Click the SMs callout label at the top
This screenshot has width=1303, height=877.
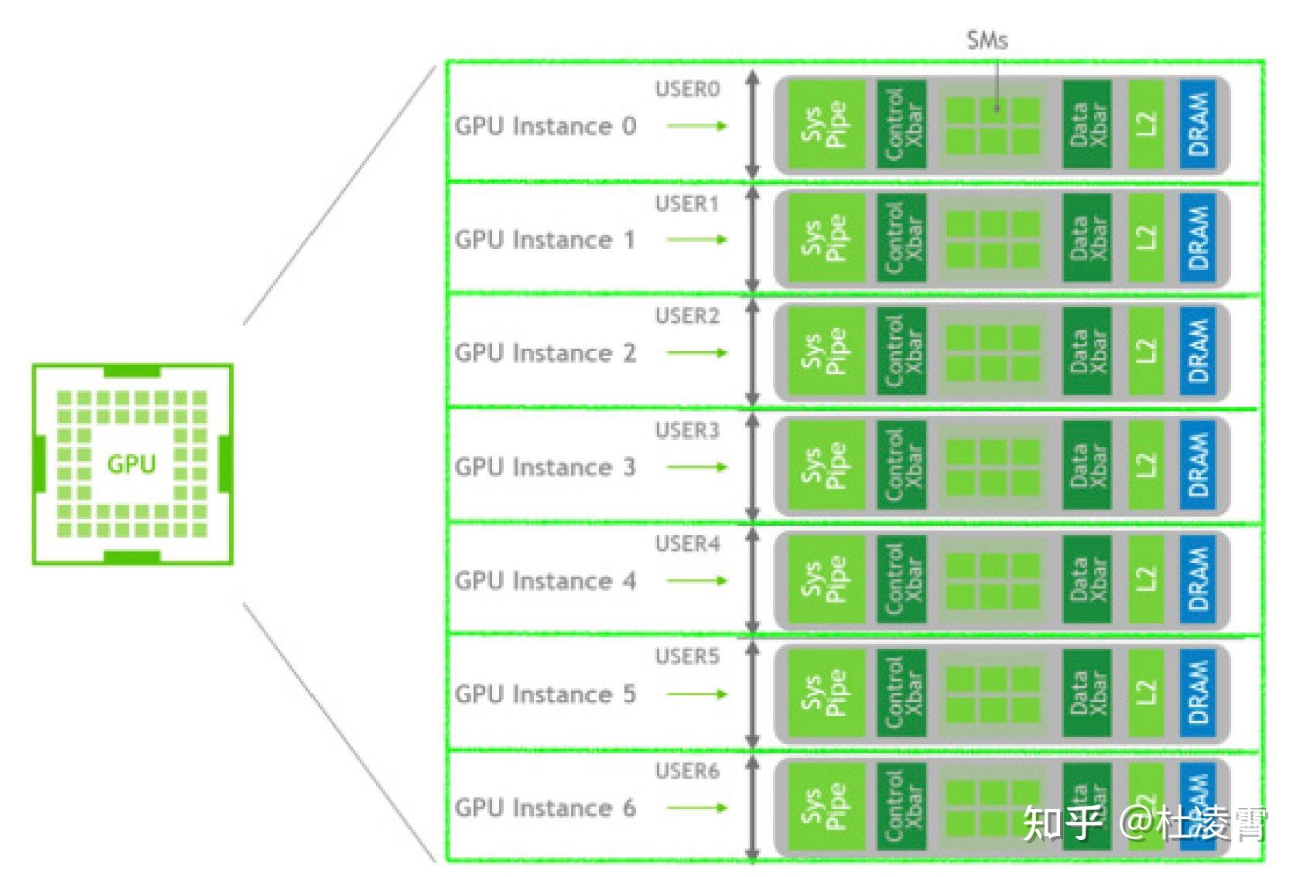[987, 40]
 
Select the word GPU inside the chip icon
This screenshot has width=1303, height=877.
[131, 464]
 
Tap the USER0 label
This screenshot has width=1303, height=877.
[687, 90]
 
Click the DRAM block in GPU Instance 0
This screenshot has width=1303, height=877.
[1197, 125]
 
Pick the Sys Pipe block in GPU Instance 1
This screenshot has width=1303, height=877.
[825, 238]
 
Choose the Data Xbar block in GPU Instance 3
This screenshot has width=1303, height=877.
[1086, 466]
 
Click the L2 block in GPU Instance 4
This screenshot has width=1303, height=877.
[1146, 579]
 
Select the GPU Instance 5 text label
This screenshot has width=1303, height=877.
[545, 694]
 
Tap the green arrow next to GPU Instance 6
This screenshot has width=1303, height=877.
[697, 808]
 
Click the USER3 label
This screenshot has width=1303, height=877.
[687, 431]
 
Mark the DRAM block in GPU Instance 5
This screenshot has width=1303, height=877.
[1197, 693]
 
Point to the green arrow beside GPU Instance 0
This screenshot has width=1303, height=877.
[697, 125]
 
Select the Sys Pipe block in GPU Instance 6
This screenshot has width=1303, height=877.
[825, 807]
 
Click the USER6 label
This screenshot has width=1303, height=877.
[687, 771]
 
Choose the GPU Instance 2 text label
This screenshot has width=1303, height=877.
[545, 353]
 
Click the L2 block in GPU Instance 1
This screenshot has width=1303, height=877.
[1146, 238]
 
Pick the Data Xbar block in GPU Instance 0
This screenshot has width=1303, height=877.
[1086, 125]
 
